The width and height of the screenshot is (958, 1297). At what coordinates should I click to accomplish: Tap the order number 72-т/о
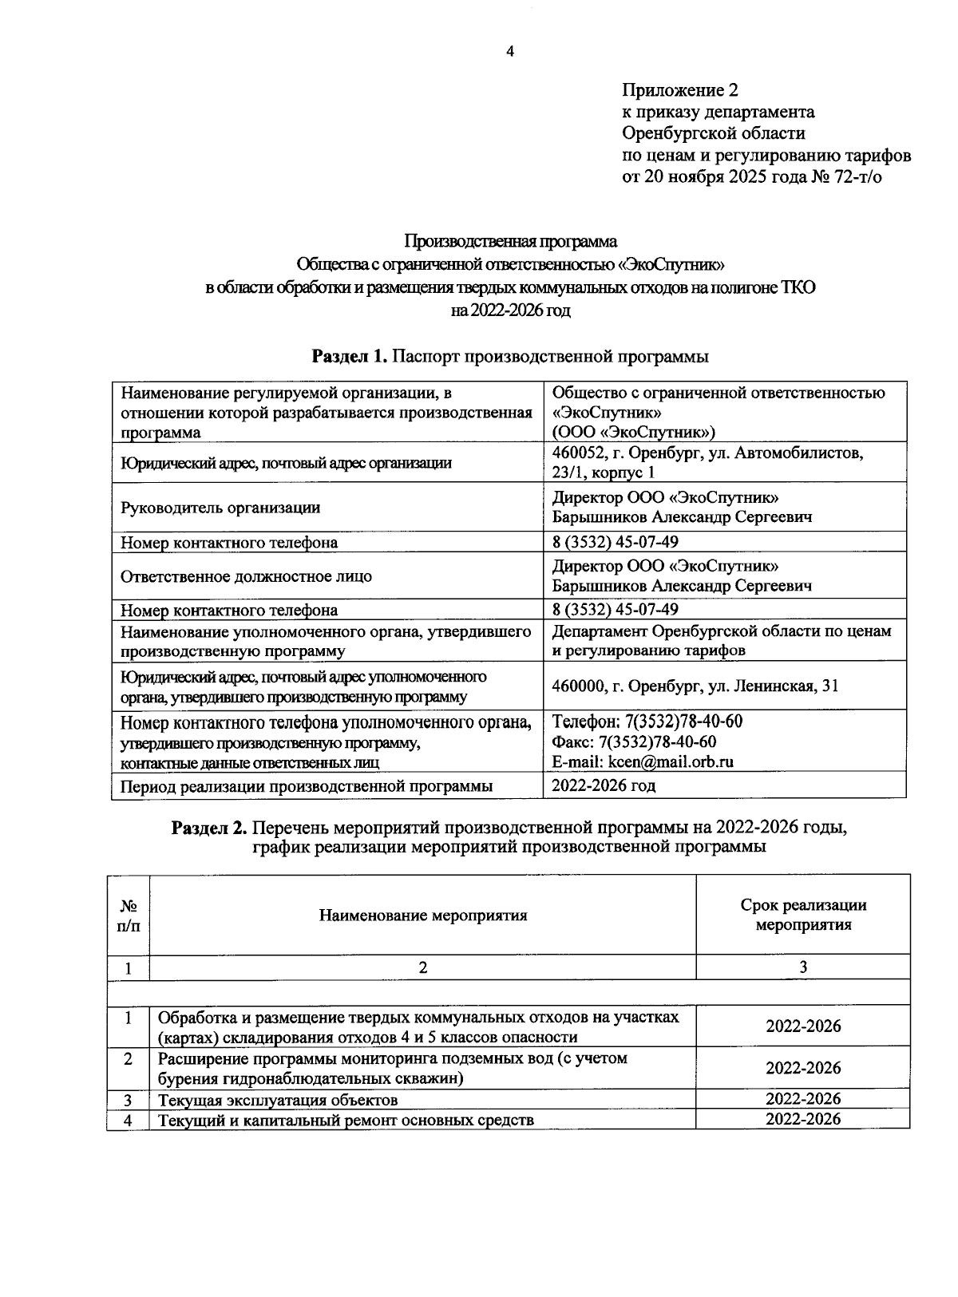pos(858,176)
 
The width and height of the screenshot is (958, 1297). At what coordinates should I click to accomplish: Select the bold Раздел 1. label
pos(350,357)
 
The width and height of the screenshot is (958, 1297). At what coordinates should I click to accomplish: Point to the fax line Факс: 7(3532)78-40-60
pos(634,741)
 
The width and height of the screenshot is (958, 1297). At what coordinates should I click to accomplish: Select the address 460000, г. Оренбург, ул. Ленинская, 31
pos(695,686)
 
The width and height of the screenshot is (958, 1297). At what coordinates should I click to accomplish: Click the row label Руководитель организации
pos(220,507)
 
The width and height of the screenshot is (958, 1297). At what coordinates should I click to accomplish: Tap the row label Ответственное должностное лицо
pos(246,575)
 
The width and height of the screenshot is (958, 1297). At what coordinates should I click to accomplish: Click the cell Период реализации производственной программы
pos(306,786)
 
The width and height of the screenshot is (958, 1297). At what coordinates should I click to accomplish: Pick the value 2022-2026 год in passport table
pos(604,785)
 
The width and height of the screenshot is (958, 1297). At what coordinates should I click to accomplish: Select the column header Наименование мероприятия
pos(423,915)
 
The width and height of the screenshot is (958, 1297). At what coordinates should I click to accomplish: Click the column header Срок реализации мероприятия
pos(802,915)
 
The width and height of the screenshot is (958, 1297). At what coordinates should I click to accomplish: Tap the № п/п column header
pos(128,915)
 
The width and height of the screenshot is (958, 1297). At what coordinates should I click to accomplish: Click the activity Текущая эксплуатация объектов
pos(278,1100)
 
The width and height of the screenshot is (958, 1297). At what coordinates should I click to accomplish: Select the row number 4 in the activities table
pos(128,1120)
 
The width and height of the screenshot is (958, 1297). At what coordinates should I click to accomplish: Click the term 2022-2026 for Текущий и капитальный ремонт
pos(802,1119)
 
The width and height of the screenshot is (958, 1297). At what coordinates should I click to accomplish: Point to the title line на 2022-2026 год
pos(510,310)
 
